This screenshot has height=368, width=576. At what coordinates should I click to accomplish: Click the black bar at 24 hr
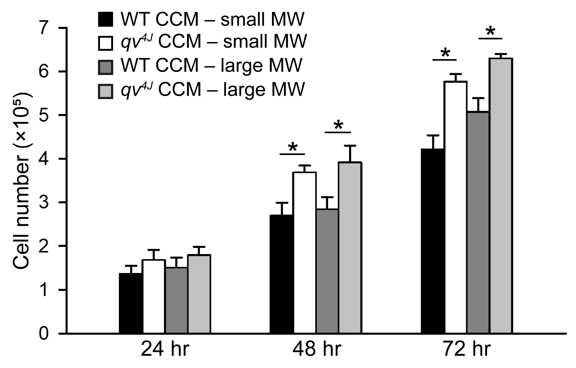pyautogui.click(x=131, y=303)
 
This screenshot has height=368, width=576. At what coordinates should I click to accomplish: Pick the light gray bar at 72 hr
pyautogui.click(x=501, y=196)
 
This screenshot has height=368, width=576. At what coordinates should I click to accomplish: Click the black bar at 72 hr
pyautogui.click(x=433, y=241)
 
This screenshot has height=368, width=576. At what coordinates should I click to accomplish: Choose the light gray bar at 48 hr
pyautogui.click(x=350, y=247)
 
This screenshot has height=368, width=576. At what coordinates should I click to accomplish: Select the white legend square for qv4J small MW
pyautogui.click(x=105, y=43)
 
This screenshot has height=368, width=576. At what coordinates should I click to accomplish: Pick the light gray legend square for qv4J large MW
pyautogui.click(x=105, y=91)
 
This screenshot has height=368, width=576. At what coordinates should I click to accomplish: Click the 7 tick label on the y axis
pyautogui.click(x=45, y=28)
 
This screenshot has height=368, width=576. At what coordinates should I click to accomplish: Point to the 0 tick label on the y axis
pyautogui.click(x=45, y=334)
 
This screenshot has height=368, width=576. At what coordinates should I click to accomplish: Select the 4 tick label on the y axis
pyautogui.click(x=45, y=159)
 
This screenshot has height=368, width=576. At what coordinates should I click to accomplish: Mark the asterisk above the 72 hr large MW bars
pyautogui.click(x=490, y=32)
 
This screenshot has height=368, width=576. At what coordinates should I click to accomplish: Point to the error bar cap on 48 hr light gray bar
pyautogui.click(x=349, y=146)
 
